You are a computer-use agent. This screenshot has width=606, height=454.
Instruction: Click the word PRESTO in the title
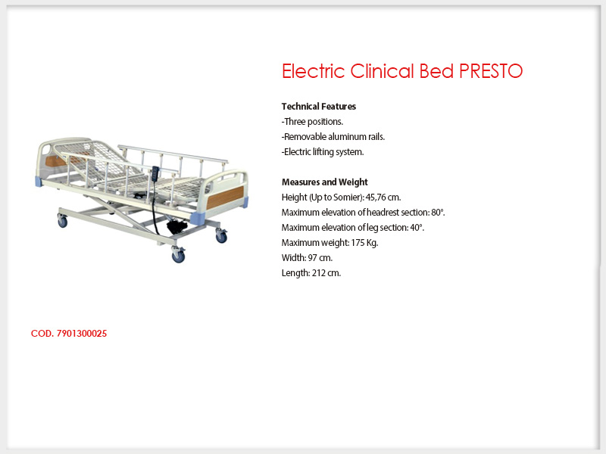tap(491, 71)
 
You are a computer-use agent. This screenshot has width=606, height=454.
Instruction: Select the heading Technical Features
tap(319, 107)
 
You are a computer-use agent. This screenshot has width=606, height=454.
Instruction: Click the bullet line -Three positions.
tap(312, 122)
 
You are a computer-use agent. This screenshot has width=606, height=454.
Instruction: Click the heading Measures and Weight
tap(325, 182)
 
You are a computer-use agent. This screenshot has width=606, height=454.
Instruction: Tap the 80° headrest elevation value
tap(438, 213)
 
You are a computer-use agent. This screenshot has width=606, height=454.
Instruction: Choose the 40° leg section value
tap(417, 228)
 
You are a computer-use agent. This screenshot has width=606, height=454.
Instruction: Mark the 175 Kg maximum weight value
tap(364, 243)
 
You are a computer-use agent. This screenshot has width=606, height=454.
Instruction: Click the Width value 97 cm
tap(320, 258)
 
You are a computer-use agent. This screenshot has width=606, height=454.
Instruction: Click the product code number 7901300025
tap(82, 334)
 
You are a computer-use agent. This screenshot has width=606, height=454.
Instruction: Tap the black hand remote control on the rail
tap(155, 173)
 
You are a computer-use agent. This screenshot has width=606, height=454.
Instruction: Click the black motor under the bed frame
tap(176, 225)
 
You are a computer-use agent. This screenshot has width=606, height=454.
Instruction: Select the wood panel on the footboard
tap(225, 197)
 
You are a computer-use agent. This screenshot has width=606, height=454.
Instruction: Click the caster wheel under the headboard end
tap(62, 221)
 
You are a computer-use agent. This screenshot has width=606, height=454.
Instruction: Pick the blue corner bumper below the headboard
tap(39, 182)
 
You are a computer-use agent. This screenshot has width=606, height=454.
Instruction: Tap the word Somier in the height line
tap(347, 197)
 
